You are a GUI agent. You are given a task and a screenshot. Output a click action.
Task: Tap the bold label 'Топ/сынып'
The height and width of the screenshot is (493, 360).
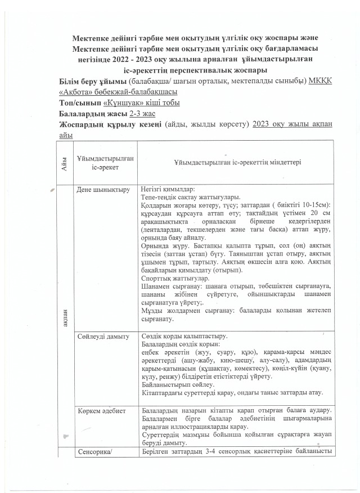pos(78,103)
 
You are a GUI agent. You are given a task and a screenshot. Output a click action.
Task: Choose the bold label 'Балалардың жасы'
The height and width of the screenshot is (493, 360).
pos(93,114)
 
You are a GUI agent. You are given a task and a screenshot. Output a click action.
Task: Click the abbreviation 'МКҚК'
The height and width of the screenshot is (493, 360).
pos(320,81)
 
